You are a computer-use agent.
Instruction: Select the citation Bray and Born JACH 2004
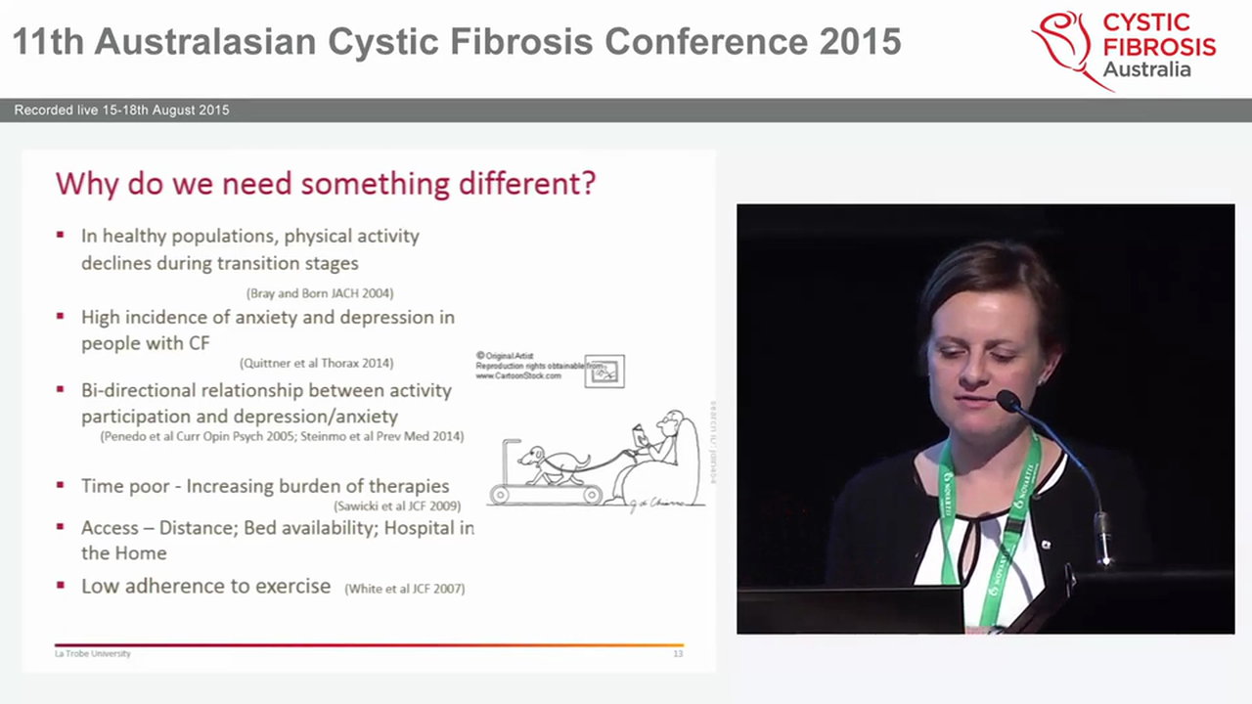coord(320,293)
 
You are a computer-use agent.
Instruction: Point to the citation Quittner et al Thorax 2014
coord(316,363)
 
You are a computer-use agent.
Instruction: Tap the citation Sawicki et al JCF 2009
coord(396,506)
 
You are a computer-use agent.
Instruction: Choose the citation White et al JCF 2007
coord(404,589)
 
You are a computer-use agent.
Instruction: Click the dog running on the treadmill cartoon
coord(553,462)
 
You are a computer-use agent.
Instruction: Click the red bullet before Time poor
coord(61,485)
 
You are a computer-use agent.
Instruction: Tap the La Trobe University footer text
coord(92,653)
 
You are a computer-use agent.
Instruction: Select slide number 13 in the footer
coord(678,653)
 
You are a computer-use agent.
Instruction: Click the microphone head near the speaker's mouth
coord(1008,400)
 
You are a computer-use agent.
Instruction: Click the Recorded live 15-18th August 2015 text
coord(121,110)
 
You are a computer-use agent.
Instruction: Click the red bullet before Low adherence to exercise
coord(61,586)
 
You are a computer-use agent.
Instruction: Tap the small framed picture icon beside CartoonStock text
coord(604,372)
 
